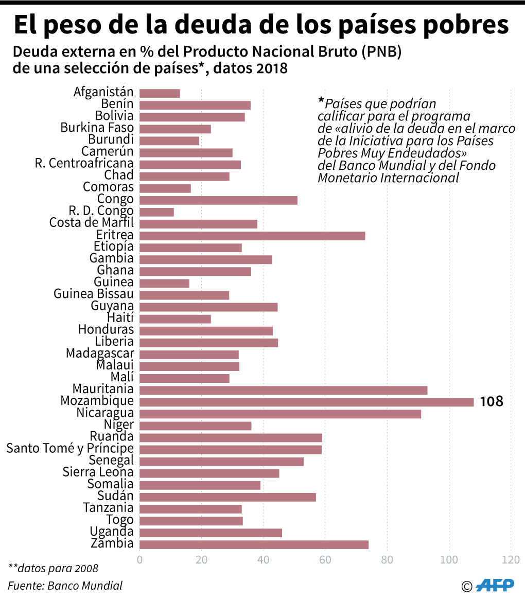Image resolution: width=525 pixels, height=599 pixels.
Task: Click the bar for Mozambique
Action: [x=306, y=402]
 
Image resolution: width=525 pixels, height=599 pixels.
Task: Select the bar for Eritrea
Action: [x=252, y=236]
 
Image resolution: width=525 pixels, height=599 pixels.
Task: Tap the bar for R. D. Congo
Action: [x=156, y=212]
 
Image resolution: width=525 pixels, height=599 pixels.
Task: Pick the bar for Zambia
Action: [x=254, y=544]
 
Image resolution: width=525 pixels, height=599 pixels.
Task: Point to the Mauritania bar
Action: [x=283, y=390]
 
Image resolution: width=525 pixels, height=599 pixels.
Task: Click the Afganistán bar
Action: [x=160, y=93]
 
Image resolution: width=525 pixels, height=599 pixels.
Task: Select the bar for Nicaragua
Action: [x=280, y=414]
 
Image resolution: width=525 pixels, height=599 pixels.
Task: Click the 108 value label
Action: [x=491, y=401]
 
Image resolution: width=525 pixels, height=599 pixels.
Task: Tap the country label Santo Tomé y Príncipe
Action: [x=70, y=449]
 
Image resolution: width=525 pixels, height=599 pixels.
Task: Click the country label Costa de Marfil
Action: [x=92, y=223]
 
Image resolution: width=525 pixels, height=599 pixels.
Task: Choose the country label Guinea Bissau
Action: [x=94, y=294]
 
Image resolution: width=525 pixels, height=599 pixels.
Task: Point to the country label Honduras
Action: [x=106, y=330]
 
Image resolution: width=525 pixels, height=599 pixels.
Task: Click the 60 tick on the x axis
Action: [x=325, y=559]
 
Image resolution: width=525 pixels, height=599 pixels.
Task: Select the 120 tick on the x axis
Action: [x=510, y=559]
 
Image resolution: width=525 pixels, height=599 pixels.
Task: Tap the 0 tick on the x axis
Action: [x=139, y=559]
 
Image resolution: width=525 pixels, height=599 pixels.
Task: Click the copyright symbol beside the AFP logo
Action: [x=467, y=586]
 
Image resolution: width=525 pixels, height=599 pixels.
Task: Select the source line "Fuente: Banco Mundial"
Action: [x=65, y=585]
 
